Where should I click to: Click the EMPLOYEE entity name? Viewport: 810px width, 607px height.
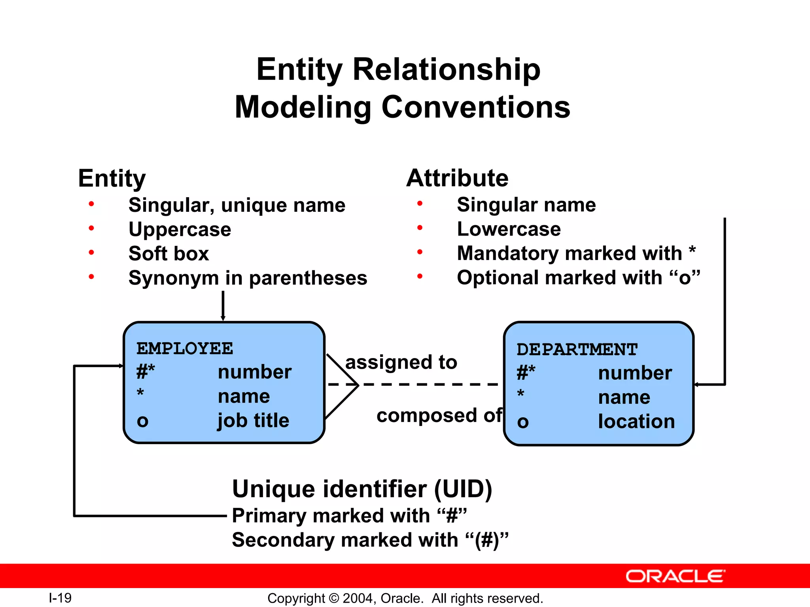pos(185,349)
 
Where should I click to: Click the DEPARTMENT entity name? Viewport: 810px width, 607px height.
pos(577,350)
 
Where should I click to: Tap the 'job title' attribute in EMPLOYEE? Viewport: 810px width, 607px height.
pos(253,420)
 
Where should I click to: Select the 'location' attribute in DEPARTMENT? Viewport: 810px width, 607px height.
pos(636,421)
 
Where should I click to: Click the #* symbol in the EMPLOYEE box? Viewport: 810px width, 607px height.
pos(145,372)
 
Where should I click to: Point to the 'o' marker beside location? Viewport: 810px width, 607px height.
pos(522,422)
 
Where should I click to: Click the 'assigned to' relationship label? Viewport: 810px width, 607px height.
pos(401,362)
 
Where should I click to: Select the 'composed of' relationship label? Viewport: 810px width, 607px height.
pos(439,415)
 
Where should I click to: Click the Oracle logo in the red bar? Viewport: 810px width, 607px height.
pos(675,576)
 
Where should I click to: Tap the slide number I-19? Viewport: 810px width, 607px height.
pos(60,598)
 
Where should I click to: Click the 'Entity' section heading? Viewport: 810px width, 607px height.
pos(112,178)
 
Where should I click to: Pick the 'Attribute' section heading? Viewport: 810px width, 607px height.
pos(457,178)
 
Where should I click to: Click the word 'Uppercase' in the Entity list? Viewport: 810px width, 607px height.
pos(180,230)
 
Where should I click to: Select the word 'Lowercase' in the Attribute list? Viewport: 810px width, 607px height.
pos(509,229)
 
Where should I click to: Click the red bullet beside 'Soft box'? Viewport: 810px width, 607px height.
pos(91,253)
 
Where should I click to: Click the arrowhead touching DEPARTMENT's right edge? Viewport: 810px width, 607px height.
pos(697,384)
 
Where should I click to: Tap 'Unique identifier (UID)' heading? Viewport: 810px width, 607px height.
pos(362,489)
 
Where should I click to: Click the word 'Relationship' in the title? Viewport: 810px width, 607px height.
pos(446,70)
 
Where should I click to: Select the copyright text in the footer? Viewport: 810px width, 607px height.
pos(405,598)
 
